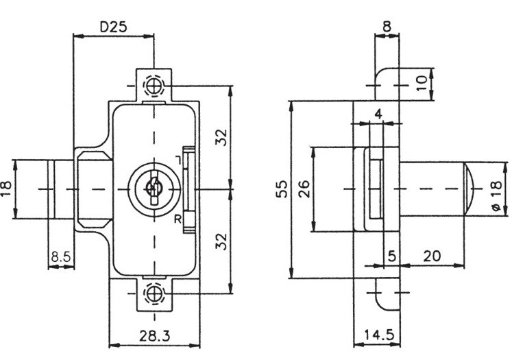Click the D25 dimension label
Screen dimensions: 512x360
click(113, 27)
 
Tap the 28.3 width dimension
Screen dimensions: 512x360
click(155, 335)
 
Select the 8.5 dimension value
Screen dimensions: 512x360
click(61, 256)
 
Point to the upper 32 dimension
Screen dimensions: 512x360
click(221, 138)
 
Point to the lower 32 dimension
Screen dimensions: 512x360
click(221, 241)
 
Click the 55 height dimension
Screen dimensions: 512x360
click(282, 189)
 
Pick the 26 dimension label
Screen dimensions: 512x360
click(304, 189)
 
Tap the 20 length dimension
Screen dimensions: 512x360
click(432, 256)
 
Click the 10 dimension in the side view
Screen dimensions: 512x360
click(422, 83)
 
